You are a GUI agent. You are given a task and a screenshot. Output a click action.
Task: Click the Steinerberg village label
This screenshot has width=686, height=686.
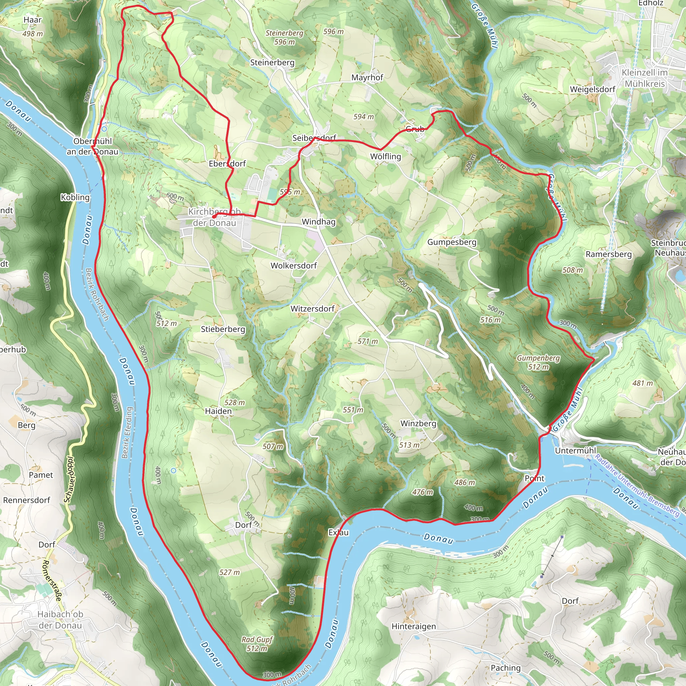pyautogui.click(x=272, y=63)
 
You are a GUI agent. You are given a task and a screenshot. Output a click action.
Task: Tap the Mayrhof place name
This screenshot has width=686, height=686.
pyautogui.click(x=367, y=77)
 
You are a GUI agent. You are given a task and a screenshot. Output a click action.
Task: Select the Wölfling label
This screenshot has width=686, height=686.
pyautogui.click(x=385, y=156)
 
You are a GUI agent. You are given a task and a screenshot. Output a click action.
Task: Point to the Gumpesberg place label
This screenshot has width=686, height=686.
pyautogui.click(x=452, y=242)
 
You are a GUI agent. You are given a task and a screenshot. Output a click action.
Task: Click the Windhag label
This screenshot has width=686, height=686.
pyautogui.click(x=319, y=222)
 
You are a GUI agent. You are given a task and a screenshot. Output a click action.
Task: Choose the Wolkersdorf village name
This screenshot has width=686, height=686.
pyautogui.click(x=294, y=266)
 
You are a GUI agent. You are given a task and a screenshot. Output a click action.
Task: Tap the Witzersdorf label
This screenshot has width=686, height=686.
pyautogui.click(x=313, y=309)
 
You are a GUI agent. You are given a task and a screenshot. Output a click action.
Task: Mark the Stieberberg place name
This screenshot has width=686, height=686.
pyautogui.click(x=223, y=329)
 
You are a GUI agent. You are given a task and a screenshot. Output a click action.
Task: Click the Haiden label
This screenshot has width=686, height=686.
pyautogui.click(x=218, y=411)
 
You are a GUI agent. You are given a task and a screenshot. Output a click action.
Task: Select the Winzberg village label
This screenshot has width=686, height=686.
pyautogui.click(x=418, y=424)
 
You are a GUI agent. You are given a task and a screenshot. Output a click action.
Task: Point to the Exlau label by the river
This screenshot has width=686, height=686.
pyautogui.click(x=338, y=533)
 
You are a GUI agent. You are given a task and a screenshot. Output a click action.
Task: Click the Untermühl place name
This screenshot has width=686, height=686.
pyautogui.click(x=575, y=451)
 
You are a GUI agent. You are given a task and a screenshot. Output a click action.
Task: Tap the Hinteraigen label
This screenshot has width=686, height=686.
pyautogui.click(x=414, y=626)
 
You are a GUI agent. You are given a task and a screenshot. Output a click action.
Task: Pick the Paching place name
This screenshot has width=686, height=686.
pyautogui.click(x=505, y=668)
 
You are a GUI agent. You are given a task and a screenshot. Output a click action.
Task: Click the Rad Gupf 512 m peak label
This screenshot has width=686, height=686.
pyautogui.click(x=257, y=644)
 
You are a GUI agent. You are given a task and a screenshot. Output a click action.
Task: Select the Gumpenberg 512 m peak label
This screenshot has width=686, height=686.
pyautogui.click(x=538, y=362)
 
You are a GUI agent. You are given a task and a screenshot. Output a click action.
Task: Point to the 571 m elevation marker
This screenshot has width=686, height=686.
pyautogui.click(x=367, y=342)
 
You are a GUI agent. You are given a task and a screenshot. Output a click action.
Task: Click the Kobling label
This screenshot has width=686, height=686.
pyautogui.click(x=75, y=197)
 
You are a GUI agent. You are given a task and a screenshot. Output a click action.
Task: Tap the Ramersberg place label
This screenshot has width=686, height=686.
pyautogui.click(x=609, y=254)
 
